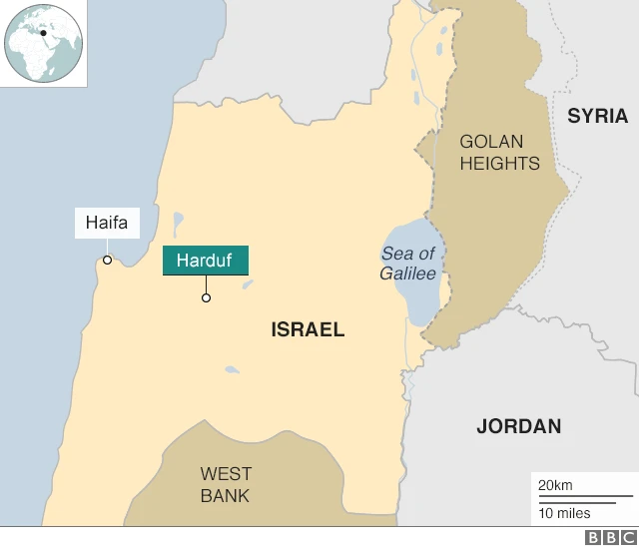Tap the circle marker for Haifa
click(107, 260)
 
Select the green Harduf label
click(205, 261)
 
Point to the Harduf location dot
click(206, 297)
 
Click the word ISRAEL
click(308, 329)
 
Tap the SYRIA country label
click(597, 116)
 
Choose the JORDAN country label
click(518, 426)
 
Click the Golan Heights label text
click(499, 153)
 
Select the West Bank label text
click(226, 484)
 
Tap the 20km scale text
click(555, 485)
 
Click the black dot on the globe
click(44, 33)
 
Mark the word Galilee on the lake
click(407, 274)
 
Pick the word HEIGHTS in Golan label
click(499, 164)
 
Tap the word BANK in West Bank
click(226, 495)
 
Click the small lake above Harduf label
click(178, 221)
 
